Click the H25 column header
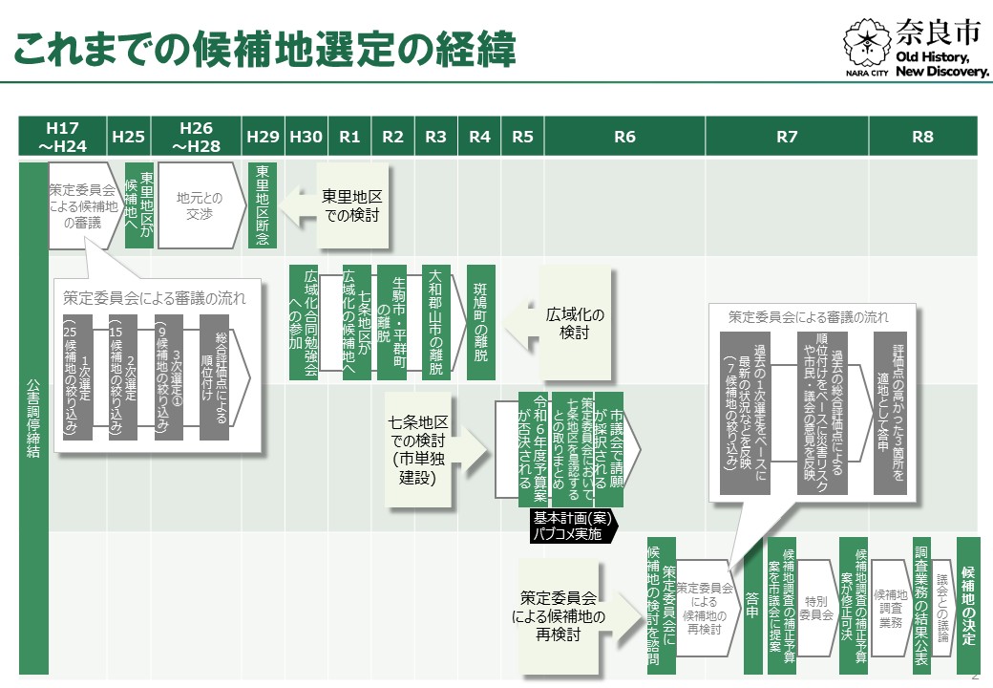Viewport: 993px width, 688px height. click(129, 137)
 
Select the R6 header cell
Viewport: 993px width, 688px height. click(624, 137)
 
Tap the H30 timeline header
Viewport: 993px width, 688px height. click(306, 137)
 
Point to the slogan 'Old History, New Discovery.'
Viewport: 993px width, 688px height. click(941, 64)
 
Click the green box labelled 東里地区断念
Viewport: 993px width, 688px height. click(263, 205)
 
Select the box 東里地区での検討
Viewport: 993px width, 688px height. click(352, 205)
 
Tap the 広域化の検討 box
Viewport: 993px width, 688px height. click(575, 323)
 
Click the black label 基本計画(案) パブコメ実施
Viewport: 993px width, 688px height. click(573, 526)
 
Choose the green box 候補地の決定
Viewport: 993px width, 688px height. click(967, 606)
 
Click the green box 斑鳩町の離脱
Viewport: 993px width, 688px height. click(480, 322)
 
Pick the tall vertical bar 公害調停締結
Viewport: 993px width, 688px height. click(33, 419)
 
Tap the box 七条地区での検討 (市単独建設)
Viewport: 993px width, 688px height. click(418, 450)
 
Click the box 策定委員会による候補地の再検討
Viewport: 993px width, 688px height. click(558, 616)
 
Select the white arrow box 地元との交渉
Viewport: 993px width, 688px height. click(201, 205)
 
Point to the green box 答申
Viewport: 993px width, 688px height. click(752, 606)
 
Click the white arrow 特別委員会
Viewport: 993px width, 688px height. click(817, 608)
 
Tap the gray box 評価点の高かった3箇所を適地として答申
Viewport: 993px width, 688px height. click(890, 413)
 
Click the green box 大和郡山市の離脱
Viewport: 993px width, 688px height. click(435, 322)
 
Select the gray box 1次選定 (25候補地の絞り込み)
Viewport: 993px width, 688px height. click(78, 376)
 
